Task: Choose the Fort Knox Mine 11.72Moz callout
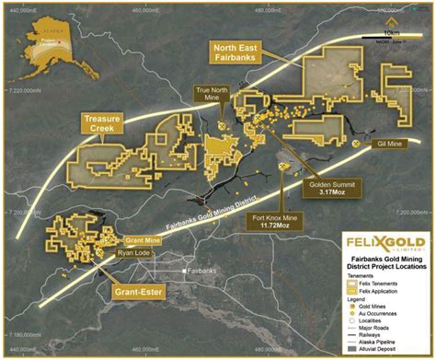(277, 222)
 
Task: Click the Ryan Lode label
(132, 251)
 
